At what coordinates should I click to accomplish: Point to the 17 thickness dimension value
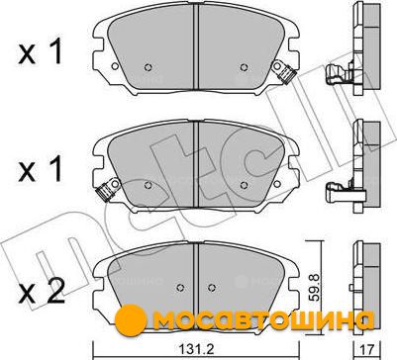click(368, 350)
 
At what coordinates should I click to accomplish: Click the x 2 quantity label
click(42, 291)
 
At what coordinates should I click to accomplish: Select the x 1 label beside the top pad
click(41, 50)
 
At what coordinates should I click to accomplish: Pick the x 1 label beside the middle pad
click(41, 168)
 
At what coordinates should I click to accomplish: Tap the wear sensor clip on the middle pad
click(107, 190)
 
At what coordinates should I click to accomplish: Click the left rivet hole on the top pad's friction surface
click(149, 67)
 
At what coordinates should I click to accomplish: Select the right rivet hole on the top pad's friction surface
click(244, 67)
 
